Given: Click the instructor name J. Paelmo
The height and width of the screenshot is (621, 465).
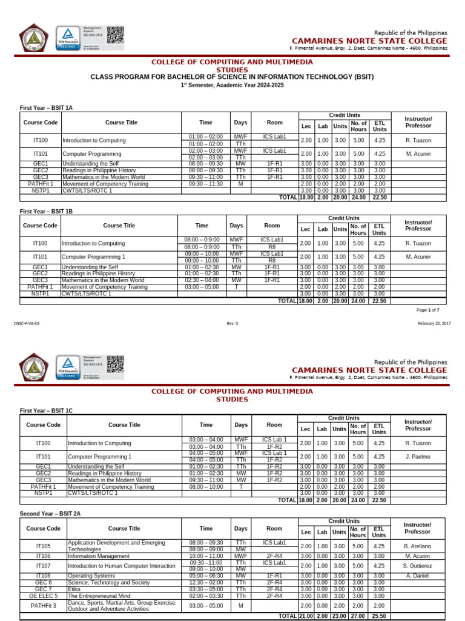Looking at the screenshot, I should [x=418, y=456].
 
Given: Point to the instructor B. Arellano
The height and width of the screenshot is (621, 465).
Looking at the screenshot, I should [x=418, y=546].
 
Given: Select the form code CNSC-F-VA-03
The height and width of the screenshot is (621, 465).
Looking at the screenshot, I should [x=27, y=323].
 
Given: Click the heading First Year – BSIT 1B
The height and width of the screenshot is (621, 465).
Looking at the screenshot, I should [x=46, y=211].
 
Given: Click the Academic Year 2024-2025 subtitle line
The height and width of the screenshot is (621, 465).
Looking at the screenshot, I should [x=232, y=86].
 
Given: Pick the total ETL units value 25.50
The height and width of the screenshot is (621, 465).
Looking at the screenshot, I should [x=379, y=616].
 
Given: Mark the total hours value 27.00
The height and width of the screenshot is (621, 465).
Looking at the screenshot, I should [x=358, y=616].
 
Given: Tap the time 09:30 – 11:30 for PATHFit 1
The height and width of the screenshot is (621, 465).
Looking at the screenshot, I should [x=206, y=184].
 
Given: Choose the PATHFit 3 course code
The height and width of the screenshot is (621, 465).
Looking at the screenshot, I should [x=44, y=605].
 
